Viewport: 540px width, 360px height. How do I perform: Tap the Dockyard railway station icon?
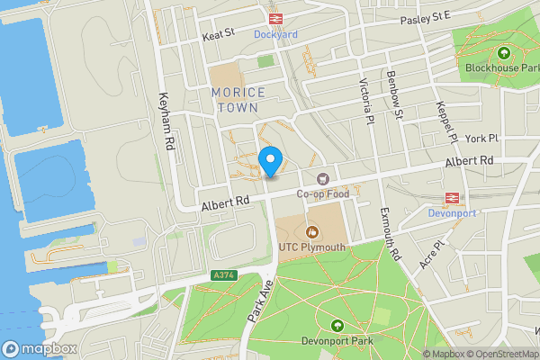(274, 18)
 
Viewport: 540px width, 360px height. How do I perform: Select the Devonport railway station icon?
(450, 199)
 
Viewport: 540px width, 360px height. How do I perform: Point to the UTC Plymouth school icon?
(312, 232)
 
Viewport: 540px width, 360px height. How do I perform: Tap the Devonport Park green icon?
(337, 325)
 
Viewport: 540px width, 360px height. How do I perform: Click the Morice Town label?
(239, 99)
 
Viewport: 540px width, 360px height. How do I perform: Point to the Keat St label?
(218, 33)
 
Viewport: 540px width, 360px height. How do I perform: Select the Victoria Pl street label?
(365, 99)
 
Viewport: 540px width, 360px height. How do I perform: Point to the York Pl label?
(481, 139)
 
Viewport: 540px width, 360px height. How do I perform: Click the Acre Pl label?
(433, 255)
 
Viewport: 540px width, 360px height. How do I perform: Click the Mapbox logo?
(40, 347)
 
